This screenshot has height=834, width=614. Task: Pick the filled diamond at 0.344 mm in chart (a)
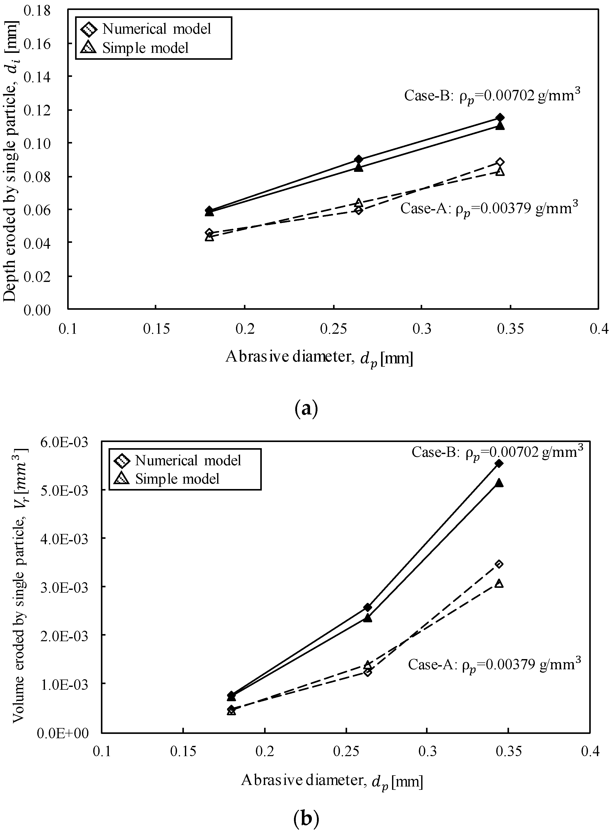(x=500, y=118)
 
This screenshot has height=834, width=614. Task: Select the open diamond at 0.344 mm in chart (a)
(x=500, y=162)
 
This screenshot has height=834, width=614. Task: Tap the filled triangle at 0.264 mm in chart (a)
(x=358, y=168)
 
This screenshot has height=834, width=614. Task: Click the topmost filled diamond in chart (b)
(x=499, y=463)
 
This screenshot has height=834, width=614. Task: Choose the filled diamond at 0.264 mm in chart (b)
(x=368, y=607)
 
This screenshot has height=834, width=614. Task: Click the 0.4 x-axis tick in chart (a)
(x=598, y=329)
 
